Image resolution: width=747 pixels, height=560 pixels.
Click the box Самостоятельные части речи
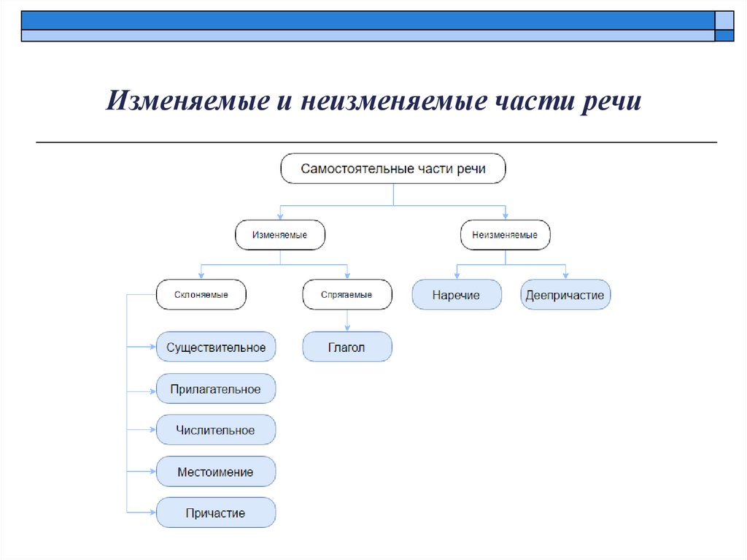click(x=393, y=169)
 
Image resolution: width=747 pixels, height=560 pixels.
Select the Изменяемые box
click(x=280, y=235)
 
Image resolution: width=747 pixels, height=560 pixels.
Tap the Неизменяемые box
click(x=506, y=235)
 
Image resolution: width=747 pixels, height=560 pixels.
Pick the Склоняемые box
click(x=201, y=295)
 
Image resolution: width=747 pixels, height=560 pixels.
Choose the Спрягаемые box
click(x=347, y=295)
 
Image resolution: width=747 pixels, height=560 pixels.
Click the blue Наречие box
click(x=457, y=295)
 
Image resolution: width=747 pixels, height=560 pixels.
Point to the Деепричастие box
click(x=565, y=295)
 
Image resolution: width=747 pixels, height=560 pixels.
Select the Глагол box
click(x=347, y=348)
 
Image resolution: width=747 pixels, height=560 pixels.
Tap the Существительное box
click(x=216, y=348)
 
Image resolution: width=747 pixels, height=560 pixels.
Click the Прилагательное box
click(x=216, y=389)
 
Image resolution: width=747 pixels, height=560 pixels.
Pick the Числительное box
click(x=216, y=430)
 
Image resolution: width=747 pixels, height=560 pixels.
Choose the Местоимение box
click(x=216, y=472)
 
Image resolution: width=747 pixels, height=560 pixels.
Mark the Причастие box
click(x=216, y=513)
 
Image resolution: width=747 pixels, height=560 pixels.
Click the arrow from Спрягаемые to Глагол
click(x=347, y=321)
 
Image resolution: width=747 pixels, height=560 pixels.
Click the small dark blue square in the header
click(x=724, y=35)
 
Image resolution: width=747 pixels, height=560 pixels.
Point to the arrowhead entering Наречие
click(x=457, y=275)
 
